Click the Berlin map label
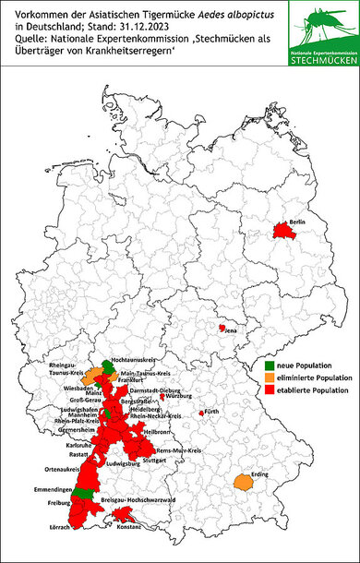(297, 223)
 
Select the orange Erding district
(245, 482)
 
